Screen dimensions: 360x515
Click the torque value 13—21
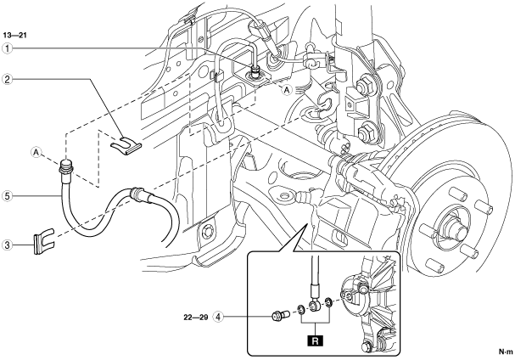(x=15, y=34)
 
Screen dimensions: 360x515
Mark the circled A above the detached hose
(x=36, y=153)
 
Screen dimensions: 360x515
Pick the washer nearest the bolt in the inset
(x=301, y=308)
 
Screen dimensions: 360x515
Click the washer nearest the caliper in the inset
(x=328, y=302)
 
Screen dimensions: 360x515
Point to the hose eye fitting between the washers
(x=315, y=304)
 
